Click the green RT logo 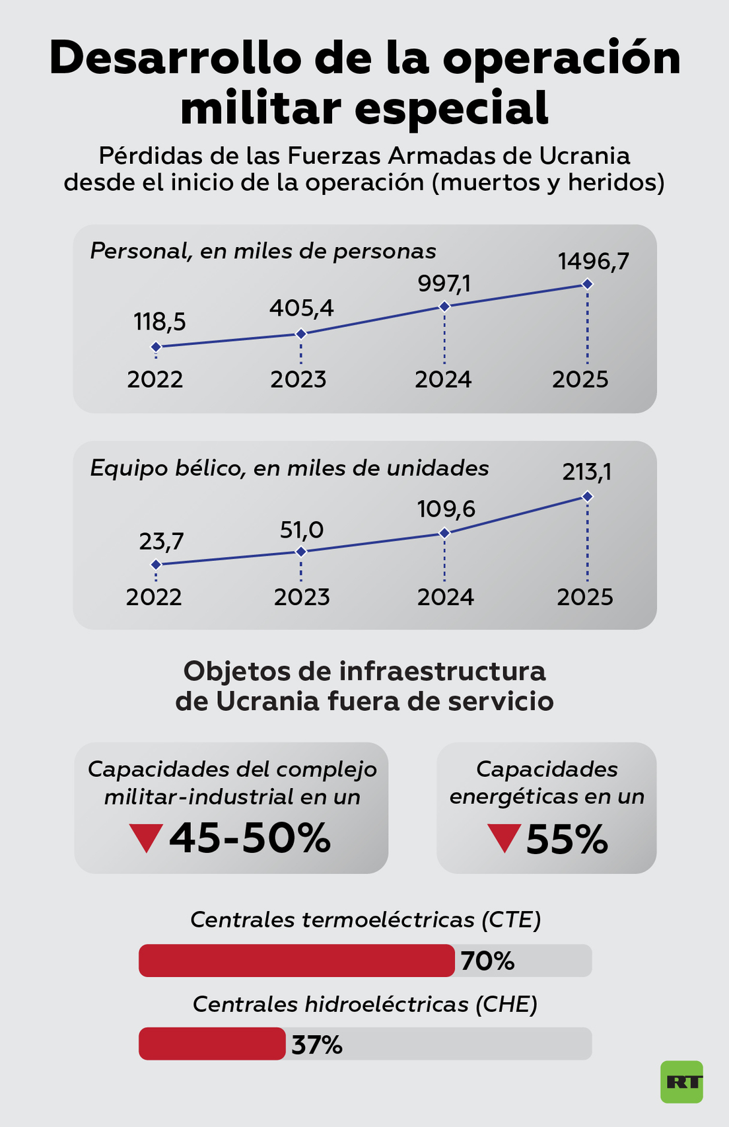(x=681, y=1081)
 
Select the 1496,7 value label (x=593, y=262)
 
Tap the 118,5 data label (x=159, y=322)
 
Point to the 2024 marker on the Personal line (x=444, y=306)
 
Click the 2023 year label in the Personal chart (x=298, y=379)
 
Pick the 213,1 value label (x=587, y=472)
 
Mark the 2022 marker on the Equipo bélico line (x=156, y=564)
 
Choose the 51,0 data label (x=301, y=530)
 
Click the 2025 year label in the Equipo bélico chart (x=584, y=597)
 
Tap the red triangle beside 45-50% (x=146, y=837)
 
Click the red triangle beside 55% (x=504, y=837)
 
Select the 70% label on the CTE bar (x=487, y=961)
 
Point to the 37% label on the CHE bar (x=317, y=1045)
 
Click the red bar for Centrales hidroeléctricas (x=212, y=1044)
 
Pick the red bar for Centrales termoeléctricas (x=296, y=961)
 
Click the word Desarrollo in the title (x=175, y=58)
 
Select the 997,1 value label (x=444, y=284)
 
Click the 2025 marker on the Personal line (x=587, y=284)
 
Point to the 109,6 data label (x=446, y=509)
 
